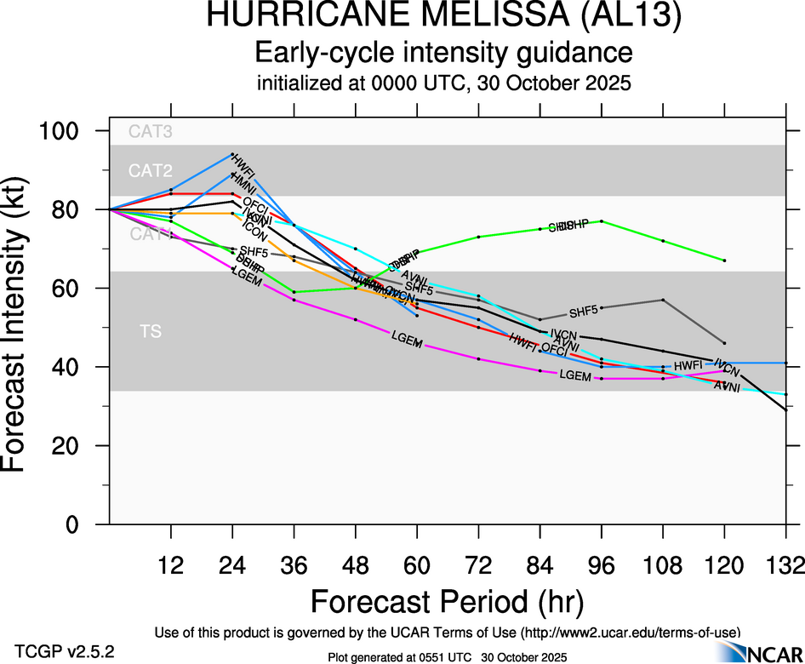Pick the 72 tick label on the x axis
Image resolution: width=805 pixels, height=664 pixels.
coord(479,565)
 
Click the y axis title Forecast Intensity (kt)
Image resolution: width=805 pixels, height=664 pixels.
coord(22,328)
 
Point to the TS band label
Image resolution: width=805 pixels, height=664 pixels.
coord(151,332)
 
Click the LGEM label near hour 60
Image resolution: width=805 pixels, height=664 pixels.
coord(406,338)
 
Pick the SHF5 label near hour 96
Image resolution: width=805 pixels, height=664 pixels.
coord(584,311)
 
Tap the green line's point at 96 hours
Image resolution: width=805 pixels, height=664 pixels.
coord(602,221)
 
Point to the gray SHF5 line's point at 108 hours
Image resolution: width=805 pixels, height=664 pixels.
coord(663,300)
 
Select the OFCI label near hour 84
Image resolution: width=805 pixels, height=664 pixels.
coord(554,349)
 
